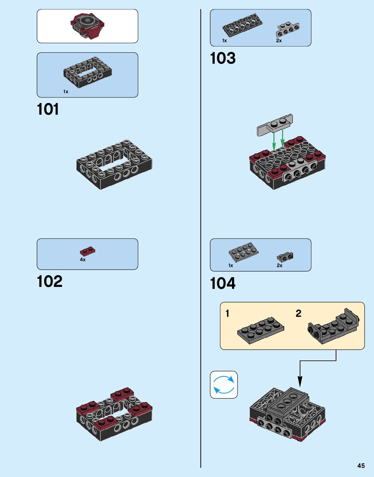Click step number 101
click(x=48, y=109)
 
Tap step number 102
click(x=49, y=281)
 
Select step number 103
click(x=223, y=58)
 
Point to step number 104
click(x=223, y=283)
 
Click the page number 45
click(x=361, y=466)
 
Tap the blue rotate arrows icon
click(x=224, y=385)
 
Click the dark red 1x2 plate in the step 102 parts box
click(x=87, y=251)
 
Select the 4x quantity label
click(x=83, y=260)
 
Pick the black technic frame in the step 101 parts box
click(x=87, y=72)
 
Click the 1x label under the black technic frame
click(x=66, y=92)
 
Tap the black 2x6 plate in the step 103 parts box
click(x=242, y=25)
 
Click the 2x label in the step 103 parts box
click(x=279, y=41)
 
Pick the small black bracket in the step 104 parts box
click(x=285, y=257)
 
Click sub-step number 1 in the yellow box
click(x=227, y=314)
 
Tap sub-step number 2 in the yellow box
click(x=298, y=314)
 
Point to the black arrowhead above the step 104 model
click(x=300, y=382)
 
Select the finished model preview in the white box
click(x=87, y=26)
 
